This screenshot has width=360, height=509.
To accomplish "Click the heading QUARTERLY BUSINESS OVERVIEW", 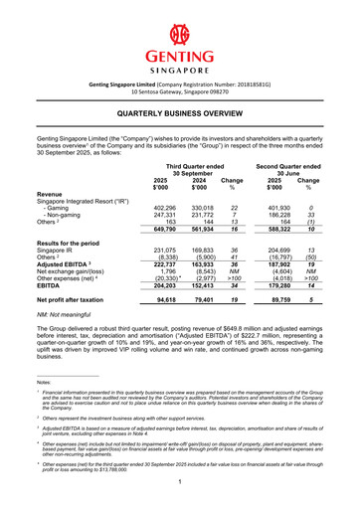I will click(180, 115).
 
